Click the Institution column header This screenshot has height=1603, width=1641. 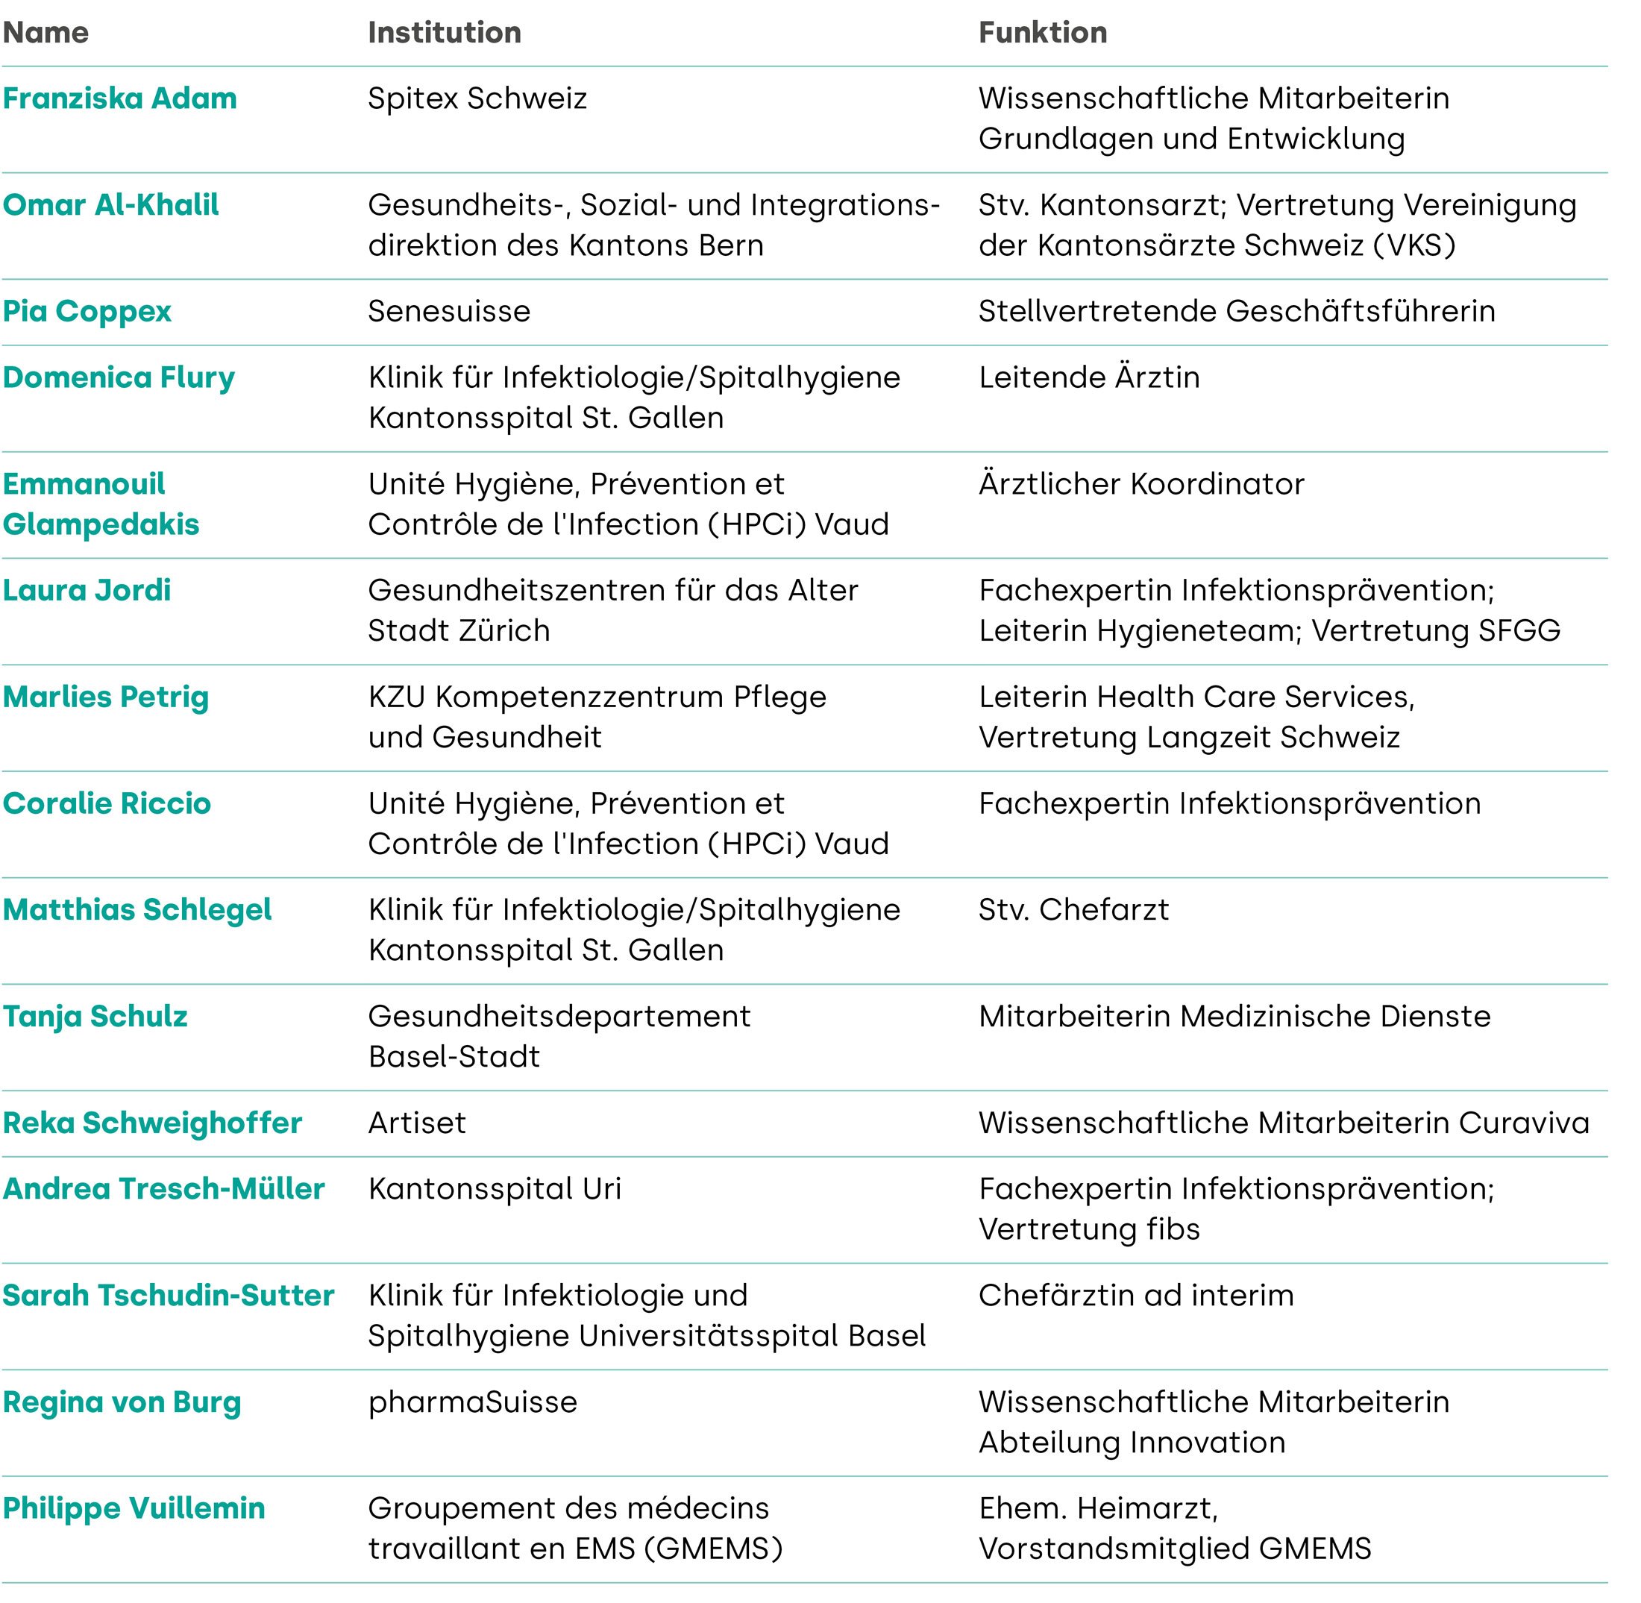click(x=445, y=33)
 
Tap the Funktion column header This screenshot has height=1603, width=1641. click(x=1042, y=33)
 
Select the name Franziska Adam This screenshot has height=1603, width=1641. click(x=119, y=98)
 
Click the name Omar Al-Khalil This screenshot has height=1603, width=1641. click(x=110, y=204)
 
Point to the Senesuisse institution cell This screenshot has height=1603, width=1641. click(x=449, y=312)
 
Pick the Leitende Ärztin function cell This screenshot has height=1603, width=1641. click(x=1089, y=377)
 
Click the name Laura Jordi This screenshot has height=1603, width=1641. click(x=87, y=590)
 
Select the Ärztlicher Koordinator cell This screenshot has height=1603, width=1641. click(x=1141, y=484)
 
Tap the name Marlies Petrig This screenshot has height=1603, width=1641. click(x=105, y=697)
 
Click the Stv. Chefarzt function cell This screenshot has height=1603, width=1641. click(x=1073, y=910)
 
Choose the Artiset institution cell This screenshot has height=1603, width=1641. click(x=417, y=1123)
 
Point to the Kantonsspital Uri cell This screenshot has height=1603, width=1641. click(x=495, y=1189)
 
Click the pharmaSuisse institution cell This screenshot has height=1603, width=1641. click(x=472, y=1402)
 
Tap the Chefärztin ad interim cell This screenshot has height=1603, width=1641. click(x=1136, y=1296)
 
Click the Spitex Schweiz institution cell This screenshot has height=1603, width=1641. click(x=477, y=98)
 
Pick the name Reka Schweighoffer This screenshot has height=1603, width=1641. click(x=152, y=1123)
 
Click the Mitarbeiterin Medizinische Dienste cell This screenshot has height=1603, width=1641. click(x=1234, y=1016)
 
